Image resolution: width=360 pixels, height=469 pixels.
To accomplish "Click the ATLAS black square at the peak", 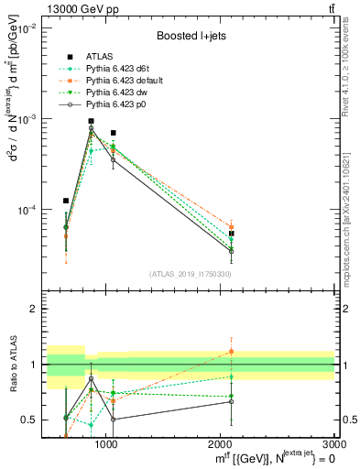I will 91,121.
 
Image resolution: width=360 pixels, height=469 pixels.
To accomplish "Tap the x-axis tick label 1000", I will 106,444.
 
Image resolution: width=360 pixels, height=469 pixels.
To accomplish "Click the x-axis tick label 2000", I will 221,444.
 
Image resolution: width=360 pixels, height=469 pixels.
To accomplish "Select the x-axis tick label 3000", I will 334,444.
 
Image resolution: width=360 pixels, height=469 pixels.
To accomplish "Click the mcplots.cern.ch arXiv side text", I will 352,206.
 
